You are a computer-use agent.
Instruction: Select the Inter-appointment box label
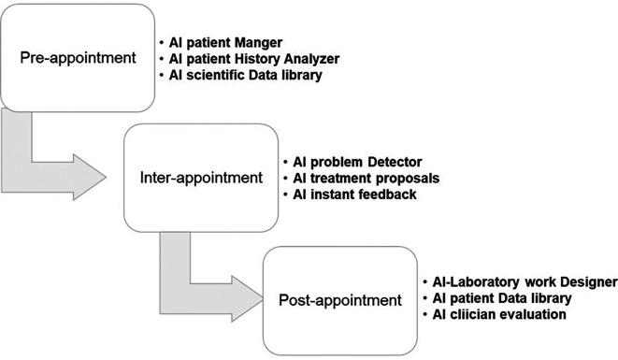201,177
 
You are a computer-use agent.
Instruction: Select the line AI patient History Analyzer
255,59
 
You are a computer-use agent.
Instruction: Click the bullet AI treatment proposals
359,177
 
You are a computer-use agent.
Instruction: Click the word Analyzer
310,59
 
